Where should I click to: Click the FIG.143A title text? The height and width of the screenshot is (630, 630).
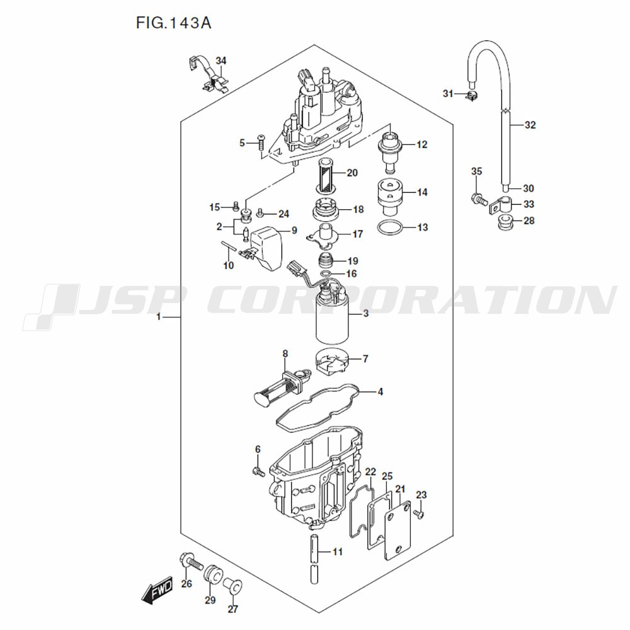click(x=173, y=23)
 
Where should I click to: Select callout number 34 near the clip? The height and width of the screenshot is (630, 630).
click(x=220, y=60)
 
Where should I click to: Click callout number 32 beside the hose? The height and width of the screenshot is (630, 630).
click(x=530, y=125)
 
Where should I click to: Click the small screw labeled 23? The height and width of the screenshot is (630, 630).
click(x=420, y=515)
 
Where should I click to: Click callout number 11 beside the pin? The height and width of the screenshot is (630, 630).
click(x=337, y=552)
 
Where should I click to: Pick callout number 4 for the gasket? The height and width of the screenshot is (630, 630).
click(x=380, y=392)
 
